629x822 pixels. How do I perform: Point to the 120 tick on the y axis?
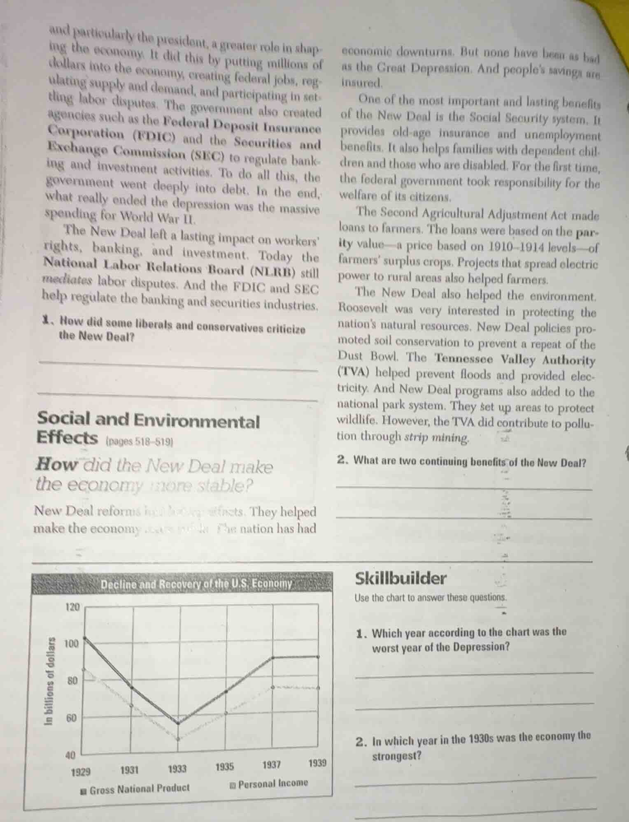(x=72, y=607)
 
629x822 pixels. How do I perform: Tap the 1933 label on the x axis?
(x=177, y=769)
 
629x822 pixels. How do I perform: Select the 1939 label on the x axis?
(x=317, y=764)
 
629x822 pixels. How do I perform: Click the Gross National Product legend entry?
(x=135, y=789)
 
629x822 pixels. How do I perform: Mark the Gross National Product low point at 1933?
(x=178, y=722)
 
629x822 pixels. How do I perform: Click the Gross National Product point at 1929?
(x=85, y=638)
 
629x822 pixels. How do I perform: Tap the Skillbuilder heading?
(x=400, y=579)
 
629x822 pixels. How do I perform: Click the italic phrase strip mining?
(x=436, y=437)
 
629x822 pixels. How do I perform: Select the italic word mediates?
(x=68, y=281)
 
